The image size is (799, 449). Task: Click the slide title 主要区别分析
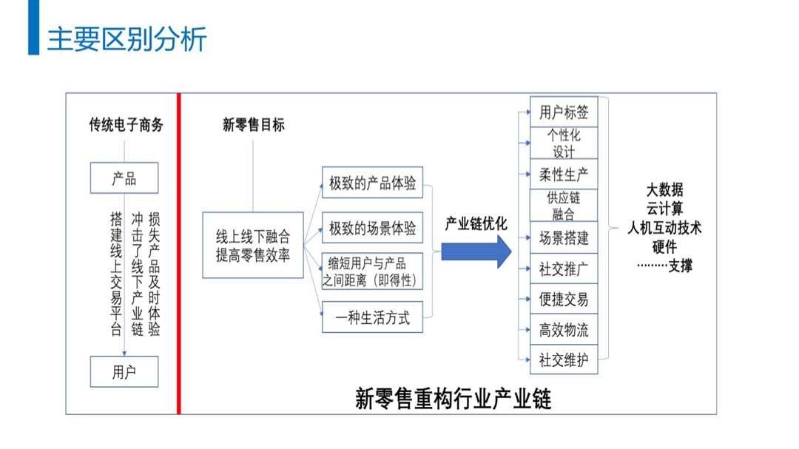(127, 38)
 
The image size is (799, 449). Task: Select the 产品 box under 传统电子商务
(124, 178)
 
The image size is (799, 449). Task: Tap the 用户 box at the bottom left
(124, 371)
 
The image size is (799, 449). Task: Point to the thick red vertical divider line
(178, 251)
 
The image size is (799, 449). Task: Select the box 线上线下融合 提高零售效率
(253, 245)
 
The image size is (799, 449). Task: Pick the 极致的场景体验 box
(372, 229)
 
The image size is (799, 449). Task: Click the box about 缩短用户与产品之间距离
(372, 271)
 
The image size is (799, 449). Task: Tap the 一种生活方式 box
(372, 318)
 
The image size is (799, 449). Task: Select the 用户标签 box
(564, 112)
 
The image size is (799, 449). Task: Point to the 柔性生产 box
(564, 175)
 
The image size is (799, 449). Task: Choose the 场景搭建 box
(564, 238)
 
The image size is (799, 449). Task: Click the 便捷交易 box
(564, 300)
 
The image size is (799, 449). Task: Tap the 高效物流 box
(564, 330)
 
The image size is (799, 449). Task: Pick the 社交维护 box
(564, 360)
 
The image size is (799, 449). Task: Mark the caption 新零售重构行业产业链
(453, 399)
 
